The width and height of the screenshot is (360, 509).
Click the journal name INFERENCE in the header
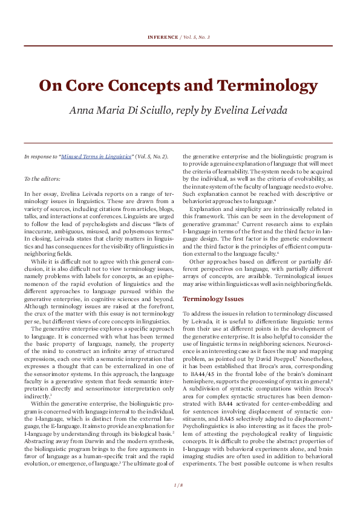tap(162, 37)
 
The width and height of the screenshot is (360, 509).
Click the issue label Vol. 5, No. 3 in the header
tap(196, 37)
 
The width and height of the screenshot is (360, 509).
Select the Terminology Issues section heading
tap(213, 298)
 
